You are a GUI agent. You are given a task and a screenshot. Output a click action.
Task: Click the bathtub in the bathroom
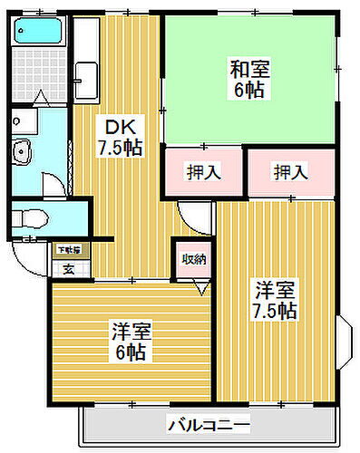coord(35,34)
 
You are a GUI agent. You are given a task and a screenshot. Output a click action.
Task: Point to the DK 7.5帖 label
coord(121,137)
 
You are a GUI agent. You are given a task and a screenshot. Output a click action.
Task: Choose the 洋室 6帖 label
coord(131,339)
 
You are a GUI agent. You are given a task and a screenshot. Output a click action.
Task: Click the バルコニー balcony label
coord(208,424)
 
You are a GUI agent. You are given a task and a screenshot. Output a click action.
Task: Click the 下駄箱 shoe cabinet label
coord(69,249)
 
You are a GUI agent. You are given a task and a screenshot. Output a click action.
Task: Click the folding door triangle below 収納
coord(200,288)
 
